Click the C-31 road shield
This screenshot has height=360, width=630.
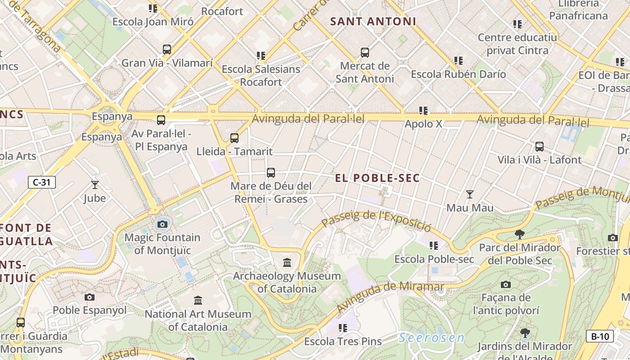(42, 182)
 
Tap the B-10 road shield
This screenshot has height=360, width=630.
(600, 336)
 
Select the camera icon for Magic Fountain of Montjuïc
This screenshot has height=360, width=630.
(162, 224)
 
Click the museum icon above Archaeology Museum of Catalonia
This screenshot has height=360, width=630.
(287, 262)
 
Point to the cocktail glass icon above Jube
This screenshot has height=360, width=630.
(94, 184)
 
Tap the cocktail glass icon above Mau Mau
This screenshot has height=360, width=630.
(470, 194)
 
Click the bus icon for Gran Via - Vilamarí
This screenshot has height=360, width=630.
(167, 49)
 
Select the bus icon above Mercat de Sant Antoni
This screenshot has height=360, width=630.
(365, 53)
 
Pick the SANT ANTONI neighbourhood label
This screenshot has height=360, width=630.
(373, 22)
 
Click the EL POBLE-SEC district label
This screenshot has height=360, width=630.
(377, 178)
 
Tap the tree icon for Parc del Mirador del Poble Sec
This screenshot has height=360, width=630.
(520, 234)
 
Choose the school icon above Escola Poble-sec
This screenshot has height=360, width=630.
(434, 246)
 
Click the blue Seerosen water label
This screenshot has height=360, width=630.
(432, 338)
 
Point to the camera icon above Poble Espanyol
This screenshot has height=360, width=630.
(90, 297)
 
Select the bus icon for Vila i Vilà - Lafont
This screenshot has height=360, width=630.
(540, 147)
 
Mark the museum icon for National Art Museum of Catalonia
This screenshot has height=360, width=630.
(198, 300)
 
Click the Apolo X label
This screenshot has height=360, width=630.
(423, 124)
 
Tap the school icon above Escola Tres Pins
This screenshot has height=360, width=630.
(343, 328)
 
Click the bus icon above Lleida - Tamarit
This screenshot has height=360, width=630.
(234, 138)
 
